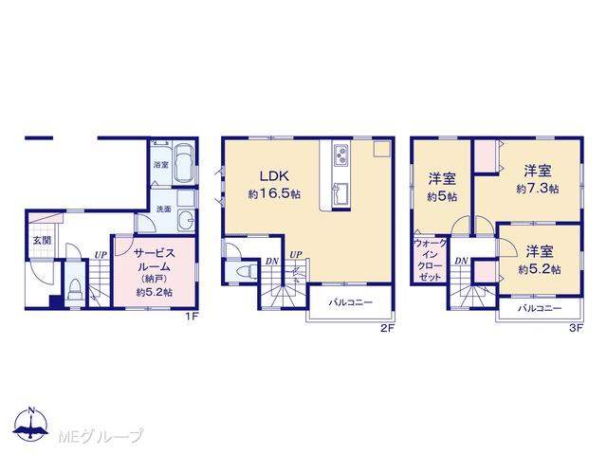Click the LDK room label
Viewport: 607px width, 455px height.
[274, 176]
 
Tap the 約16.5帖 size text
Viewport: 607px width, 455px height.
[274, 193]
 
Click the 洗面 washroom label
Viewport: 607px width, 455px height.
[164, 209]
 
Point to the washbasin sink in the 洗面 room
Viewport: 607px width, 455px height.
[187, 221]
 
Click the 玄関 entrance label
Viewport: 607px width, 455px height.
[42, 240]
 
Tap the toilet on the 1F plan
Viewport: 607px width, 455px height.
[74, 289]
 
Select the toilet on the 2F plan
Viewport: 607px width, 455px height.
[247, 271]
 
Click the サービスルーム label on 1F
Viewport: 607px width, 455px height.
[155, 260]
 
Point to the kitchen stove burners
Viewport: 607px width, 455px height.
[341, 154]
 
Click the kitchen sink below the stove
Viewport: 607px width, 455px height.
[340, 193]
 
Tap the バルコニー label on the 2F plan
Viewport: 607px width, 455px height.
[351, 302]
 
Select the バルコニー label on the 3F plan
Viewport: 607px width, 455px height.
[540, 308]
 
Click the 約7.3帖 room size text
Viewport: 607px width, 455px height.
[538, 189]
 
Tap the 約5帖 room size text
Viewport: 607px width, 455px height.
[442, 197]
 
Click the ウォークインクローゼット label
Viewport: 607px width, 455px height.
[430, 260]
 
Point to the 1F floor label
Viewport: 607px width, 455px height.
[192, 317]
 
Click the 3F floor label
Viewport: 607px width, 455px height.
[576, 329]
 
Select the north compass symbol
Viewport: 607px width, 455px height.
[31, 424]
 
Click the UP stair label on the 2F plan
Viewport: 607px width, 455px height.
[296, 255]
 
